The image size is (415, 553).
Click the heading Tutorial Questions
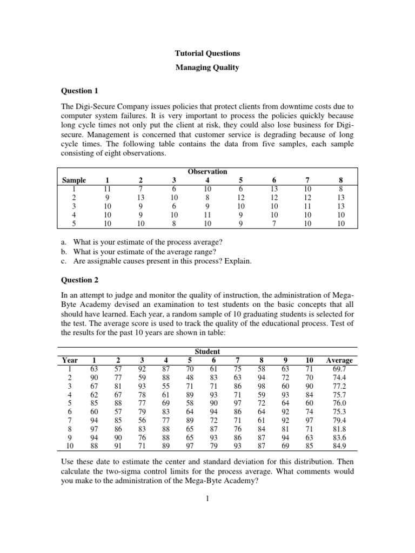pos(207,53)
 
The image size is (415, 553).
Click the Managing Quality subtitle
pos(207,69)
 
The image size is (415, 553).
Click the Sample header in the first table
pos(75,180)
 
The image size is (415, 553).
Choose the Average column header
pos(339,360)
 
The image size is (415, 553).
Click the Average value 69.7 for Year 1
pos(339,368)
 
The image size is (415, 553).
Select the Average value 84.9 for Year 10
pos(339,446)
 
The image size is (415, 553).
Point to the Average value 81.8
pos(339,429)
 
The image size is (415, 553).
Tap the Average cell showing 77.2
pos(339,386)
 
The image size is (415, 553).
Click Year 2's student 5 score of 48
pos(190,377)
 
